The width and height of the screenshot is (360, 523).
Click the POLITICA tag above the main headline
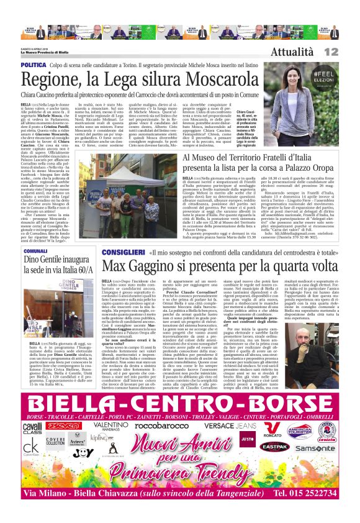[34, 65]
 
